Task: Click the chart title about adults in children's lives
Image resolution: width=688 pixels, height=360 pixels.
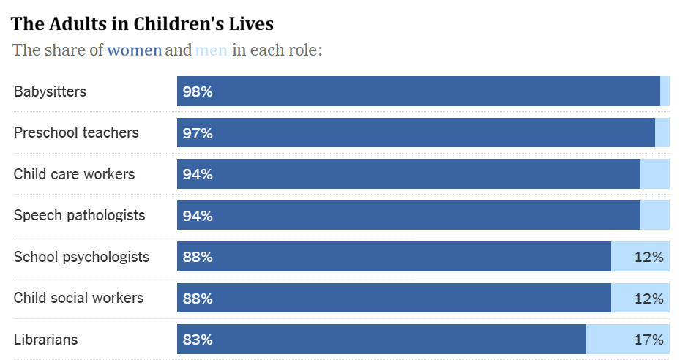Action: [x=142, y=23]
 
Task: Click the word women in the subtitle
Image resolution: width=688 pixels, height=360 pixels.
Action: [x=134, y=50]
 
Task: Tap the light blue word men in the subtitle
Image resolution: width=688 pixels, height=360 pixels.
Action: [x=211, y=50]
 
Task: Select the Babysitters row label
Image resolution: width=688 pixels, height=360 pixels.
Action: [x=50, y=91]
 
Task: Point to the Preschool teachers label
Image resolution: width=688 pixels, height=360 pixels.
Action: [x=76, y=133]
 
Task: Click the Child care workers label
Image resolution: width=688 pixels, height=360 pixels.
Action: [x=74, y=174]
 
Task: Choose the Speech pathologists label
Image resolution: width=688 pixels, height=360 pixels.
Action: [x=79, y=216]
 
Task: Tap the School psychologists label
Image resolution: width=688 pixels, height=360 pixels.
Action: [x=81, y=257]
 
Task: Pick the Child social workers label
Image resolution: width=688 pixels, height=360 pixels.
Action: [x=78, y=299]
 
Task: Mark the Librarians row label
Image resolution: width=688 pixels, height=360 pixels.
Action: [x=45, y=340]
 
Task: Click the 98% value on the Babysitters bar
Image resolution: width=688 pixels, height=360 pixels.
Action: [x=198, y=92]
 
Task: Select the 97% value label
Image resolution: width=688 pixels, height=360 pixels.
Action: [x=198, y=133]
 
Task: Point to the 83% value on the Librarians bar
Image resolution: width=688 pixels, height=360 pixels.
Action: [x=198, y=340]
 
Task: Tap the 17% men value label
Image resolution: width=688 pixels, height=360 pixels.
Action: [x=648, y=340]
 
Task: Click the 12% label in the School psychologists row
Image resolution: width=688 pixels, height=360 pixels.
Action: [x=648, y=257]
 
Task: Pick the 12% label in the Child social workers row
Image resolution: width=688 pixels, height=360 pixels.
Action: [x=648, y=299]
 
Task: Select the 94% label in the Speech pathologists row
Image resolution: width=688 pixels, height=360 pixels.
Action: [x=198, y=216]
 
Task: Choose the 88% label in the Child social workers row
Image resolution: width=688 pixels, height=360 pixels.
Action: [x=198, y=299]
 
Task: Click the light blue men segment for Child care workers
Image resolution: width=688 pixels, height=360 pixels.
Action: [x=655, y=174]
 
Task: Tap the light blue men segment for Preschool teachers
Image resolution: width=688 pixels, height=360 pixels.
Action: [x=662, y=133]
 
